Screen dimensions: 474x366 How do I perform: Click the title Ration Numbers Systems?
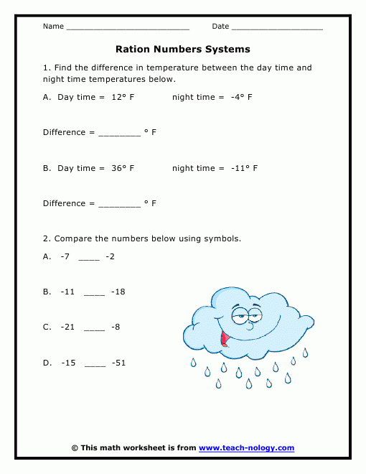pyautogui.click(x=183, y=50)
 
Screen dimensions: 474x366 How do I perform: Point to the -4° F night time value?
pyautogui.click(x=242, y=96)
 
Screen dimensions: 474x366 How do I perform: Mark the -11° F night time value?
pyautogui.click(x=244, y=168)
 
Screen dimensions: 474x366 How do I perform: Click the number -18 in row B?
pyautogui.click(x=118, y=292)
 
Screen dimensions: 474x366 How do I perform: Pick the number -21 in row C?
pyautogui.click(x=69, y=327)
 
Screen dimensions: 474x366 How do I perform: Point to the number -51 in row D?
pyautogui.click(x=118, y=363)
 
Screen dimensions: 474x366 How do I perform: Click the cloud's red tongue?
pyautogui.click(x=225, y=337)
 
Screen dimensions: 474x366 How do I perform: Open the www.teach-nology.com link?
pyautogui.click(x=246, y=448)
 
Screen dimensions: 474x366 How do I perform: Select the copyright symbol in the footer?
pyautogui.click(x=75, y=448)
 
